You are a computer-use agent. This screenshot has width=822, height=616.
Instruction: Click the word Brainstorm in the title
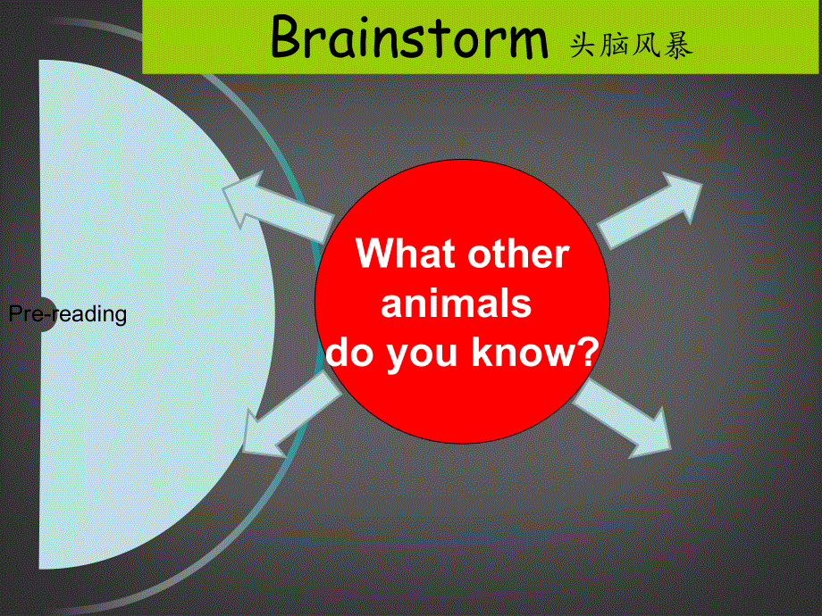(x=409, y=37)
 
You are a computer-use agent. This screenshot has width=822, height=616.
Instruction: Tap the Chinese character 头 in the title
(x=583, y=45)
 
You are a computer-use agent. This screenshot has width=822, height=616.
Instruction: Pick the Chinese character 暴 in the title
(x=678, y=45)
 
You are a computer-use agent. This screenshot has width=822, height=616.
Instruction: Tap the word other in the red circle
(x=518, y=254)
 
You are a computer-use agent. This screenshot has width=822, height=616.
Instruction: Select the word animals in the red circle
(x=456, y=304)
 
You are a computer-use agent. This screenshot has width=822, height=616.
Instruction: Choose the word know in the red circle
(x=524, y=352)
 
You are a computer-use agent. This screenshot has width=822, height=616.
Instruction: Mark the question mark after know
(x=588, y=352)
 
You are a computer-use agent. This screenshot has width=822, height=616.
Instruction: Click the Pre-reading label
(x=68, y=313)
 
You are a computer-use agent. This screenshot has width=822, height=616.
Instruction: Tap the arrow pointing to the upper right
(x=650, y=210)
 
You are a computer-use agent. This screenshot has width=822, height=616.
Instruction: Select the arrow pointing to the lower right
(x=622, y=417)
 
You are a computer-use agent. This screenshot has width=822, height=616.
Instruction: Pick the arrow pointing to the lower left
(x=291, y=415)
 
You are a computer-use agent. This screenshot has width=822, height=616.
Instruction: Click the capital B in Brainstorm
(x=289, y=36)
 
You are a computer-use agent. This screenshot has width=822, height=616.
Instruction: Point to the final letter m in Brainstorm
(x=524, y=43)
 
